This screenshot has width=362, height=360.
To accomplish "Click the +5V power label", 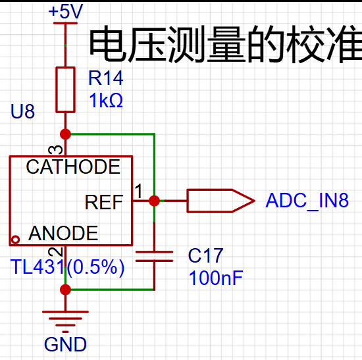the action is [x=66, y=12].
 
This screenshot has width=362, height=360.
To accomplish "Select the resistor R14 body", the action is [x=66, y=90].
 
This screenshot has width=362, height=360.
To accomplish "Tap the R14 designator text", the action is [x=106, y=78].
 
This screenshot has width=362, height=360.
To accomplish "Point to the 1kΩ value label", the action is [x=106, y=100].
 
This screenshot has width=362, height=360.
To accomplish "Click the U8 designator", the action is [x=22, y=111].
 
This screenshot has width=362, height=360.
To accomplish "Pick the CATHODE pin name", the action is [x=73, y=167].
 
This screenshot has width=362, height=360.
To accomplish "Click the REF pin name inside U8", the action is [x=104, y=202].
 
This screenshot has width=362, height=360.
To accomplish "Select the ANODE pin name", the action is [x=63, y=233].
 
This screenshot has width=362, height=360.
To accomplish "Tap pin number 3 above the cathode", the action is [x=55, y=150].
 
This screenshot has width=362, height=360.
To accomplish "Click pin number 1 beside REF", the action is [x=138, y=191].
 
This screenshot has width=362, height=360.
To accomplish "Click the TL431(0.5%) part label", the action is [x=67, y=267].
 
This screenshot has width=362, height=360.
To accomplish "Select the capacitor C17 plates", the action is [x=154, y=256].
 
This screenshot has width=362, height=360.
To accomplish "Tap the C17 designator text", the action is [x=206, y=255].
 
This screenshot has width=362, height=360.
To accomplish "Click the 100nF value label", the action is [x=216, y=278].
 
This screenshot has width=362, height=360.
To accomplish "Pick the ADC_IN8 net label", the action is [x=307, y=201].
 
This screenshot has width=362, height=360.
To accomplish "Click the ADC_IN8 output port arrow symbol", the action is [x=220, y=201].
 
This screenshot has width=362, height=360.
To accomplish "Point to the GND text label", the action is [x=65, y=344].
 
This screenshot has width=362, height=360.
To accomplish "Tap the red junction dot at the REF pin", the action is [x=154, y=201].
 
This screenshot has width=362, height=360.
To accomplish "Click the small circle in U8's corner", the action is [x=16, y=240].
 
